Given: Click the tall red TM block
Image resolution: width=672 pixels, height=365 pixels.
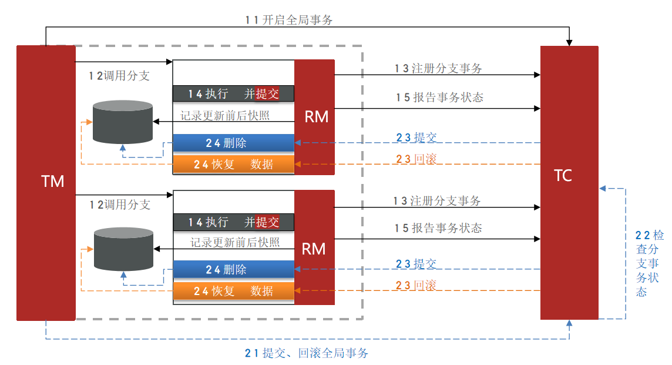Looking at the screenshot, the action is tap(46, 182).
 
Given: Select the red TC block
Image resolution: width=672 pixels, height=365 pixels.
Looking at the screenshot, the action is tap(569, 182).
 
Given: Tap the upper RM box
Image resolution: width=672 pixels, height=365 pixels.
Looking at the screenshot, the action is tap(314, 117).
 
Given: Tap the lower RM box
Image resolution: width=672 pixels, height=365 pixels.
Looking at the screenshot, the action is tap(314, 248).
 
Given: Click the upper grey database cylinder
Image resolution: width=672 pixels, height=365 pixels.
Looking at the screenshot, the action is tap(123, 122).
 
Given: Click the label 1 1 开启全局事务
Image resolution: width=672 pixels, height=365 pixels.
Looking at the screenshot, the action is tap(289, 20).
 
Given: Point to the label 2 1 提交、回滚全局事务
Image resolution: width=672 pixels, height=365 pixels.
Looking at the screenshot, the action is tap(307, 353).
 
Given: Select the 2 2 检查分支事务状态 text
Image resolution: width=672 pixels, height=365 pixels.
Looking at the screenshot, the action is tap(650, 263).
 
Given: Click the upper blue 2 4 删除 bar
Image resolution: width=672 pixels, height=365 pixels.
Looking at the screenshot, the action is tap(233, 143).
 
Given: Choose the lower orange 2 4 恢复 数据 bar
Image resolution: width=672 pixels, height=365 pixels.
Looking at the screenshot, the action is tap(233, 291).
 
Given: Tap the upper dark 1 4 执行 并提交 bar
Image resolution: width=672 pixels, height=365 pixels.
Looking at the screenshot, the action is tap(233, 93).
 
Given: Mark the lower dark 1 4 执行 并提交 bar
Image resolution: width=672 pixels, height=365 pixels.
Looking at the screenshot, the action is tap(233, 222).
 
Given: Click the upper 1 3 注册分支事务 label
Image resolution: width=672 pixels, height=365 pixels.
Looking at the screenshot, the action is tap(438, 68).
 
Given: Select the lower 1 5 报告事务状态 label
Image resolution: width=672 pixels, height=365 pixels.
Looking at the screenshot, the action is tap(438, 228).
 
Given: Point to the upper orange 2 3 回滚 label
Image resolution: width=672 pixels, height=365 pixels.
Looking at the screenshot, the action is tap(416, 158).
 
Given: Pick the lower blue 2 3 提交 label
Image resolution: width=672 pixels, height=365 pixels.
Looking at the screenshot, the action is tap(416, 264).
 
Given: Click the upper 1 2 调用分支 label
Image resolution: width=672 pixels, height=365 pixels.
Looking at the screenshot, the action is tap(119, 76).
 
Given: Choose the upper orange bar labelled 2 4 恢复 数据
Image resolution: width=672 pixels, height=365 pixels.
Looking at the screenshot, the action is tap(233, 164).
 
